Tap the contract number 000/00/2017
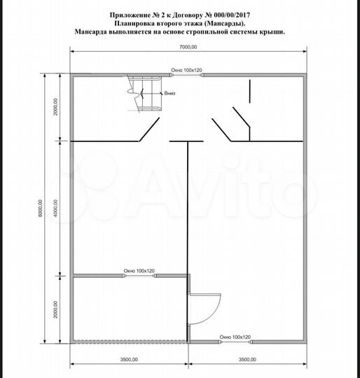coord(230,14)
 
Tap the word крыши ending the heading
coord(272,32)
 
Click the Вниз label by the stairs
coord(169,93)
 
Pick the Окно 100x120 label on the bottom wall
coord(231,337)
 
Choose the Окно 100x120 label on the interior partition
coord(139,270)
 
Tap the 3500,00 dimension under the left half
coord(128,360)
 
